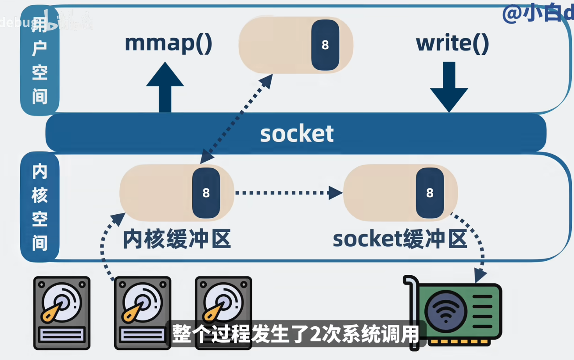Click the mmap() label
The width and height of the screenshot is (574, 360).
[169, 43]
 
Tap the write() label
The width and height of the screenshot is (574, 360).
[452, 43]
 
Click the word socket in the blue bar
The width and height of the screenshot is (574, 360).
[297, 133]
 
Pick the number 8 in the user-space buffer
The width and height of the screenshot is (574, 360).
[325, 45]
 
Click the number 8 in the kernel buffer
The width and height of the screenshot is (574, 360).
[206, 193]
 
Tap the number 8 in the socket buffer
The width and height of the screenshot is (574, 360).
[430, 193]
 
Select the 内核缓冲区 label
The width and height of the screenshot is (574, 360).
[176, 239]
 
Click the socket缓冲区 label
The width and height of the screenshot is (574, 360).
[399, 239]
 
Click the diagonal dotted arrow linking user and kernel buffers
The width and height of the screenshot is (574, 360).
[237, 119]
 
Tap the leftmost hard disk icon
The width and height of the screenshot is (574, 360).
[62, 313]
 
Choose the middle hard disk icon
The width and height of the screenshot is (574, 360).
[143, 313]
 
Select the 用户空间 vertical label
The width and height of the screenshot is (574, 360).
[39, 61]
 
